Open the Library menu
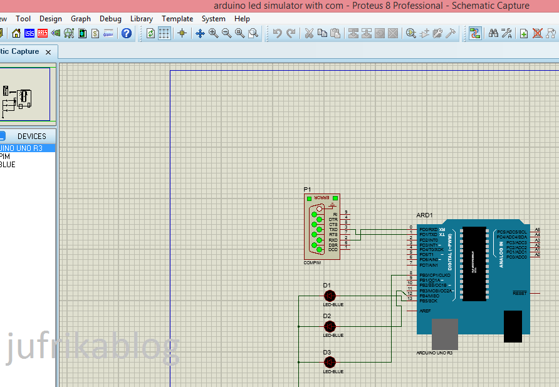(141, 19)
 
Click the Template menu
(177, 19)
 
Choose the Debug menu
(110, 19)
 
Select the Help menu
(242, 19)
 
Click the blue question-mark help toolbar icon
(127, 33)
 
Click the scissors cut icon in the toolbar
(309, 33)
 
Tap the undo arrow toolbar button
(277, 33)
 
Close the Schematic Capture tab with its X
(48, 52)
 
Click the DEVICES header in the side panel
(31, 136)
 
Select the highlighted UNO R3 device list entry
(21, 148)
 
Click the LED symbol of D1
(330, 296)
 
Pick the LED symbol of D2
(330, 326)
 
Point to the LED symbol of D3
(330, 362)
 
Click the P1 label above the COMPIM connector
(307, 189)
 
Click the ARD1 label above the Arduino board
(424, 215)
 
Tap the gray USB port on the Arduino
(445, 333)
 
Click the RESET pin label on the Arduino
(520, 293)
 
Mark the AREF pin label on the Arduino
(425, 311)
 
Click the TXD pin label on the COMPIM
(333, 230)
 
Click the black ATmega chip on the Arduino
(474, 264)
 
